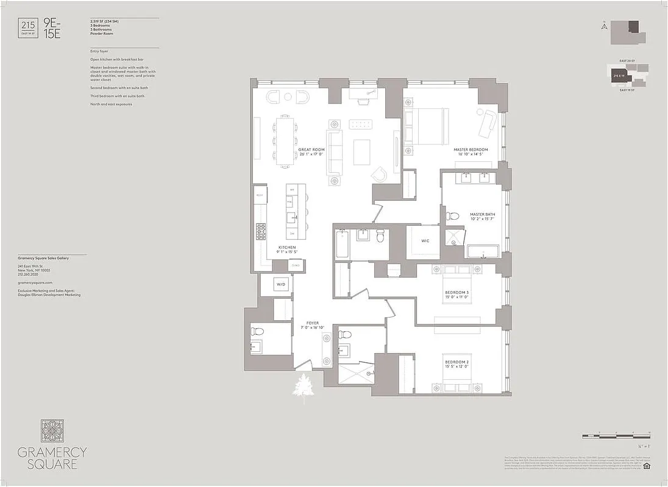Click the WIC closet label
(425, 241)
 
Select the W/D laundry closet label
(281, 284)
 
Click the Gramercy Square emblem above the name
(52, 430)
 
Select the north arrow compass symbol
(603, 26)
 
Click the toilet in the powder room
(257, 332)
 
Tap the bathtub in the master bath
(483, 251)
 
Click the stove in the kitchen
(261, 231)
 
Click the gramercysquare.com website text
(35, 283)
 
